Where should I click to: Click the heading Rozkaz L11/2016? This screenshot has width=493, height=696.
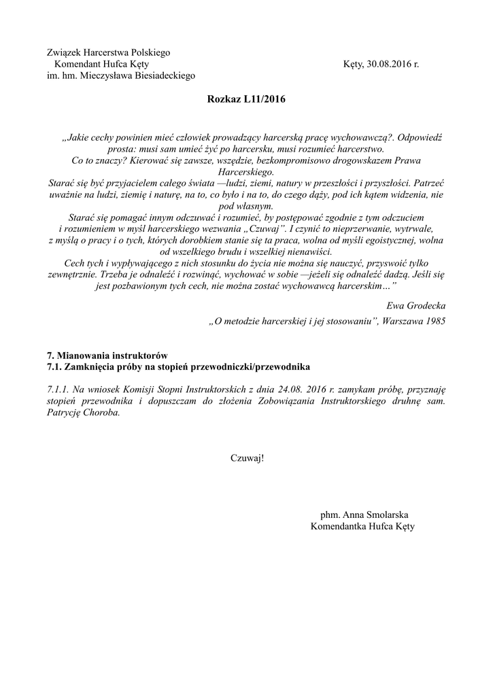[246, 100]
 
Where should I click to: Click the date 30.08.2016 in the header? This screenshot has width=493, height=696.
[388, 64]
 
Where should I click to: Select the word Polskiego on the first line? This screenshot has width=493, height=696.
[148, 52]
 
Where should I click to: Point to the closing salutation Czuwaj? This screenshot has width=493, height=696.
[246, 457]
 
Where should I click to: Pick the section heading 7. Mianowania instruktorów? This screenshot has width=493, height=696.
[107, 355]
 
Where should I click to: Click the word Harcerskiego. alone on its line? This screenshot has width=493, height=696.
[246, 173]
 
